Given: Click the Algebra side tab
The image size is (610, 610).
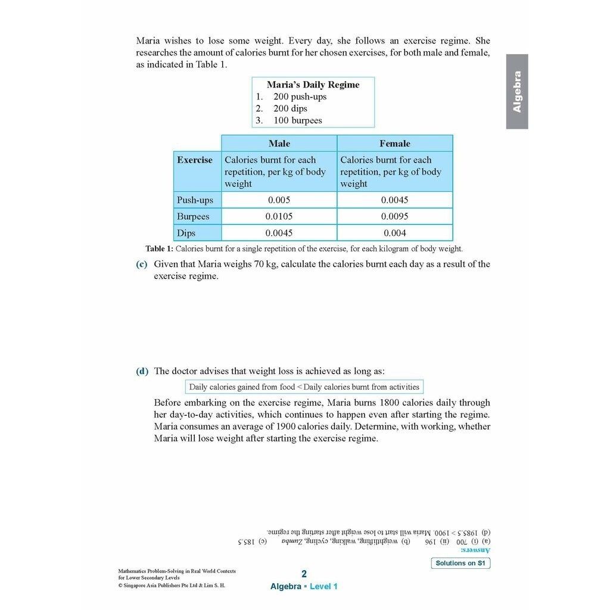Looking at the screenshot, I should [x=517, y=92].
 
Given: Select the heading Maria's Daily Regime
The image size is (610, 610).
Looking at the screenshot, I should [x=313, y=85].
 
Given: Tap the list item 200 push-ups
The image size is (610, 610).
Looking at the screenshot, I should [x=300, y=97].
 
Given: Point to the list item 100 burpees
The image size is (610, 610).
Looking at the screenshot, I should [x=297, y=120].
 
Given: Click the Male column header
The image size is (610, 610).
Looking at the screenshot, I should [x=279, y=144].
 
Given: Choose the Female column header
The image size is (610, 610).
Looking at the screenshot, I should [x=394, y=144].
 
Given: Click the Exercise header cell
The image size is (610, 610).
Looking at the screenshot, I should [x=194, y=160].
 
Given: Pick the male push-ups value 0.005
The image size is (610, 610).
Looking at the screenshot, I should [x=279, y=200].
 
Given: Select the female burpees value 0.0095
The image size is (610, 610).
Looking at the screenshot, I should [x=394, y=217].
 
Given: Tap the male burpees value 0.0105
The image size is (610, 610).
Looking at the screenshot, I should [x=279, y=217].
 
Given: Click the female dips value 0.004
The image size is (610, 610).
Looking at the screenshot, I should [x=394, y=234].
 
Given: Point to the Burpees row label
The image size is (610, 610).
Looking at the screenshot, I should [x=193, y=217].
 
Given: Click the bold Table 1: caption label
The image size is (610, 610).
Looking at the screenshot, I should [x=159, y=249].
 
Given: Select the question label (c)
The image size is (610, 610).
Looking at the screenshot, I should [x=142, y=264].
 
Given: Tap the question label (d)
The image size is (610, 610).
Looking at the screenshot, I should [x=142, y=371].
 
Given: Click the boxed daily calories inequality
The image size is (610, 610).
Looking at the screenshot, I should [x=304, y=387].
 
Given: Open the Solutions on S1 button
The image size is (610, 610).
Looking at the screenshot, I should [x=460, y=563].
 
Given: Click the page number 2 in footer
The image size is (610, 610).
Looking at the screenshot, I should [x=304, y=574].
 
